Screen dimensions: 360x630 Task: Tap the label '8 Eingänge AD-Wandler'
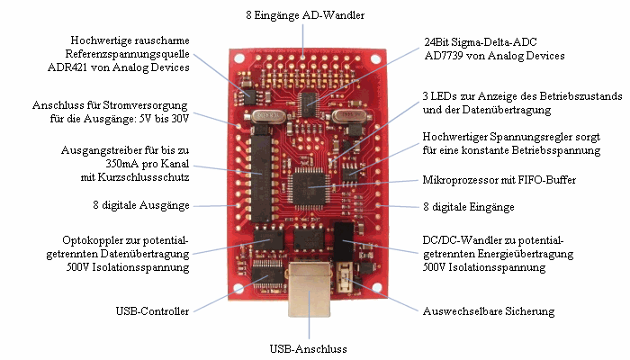(305, 16)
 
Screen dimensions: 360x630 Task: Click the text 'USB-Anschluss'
(309, 348)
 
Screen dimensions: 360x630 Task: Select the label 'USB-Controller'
(152, 311)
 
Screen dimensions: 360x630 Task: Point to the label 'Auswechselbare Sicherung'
(488, 311)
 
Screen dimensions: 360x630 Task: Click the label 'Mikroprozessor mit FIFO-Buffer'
(499, 180)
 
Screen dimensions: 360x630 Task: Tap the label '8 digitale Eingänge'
(468, 207)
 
